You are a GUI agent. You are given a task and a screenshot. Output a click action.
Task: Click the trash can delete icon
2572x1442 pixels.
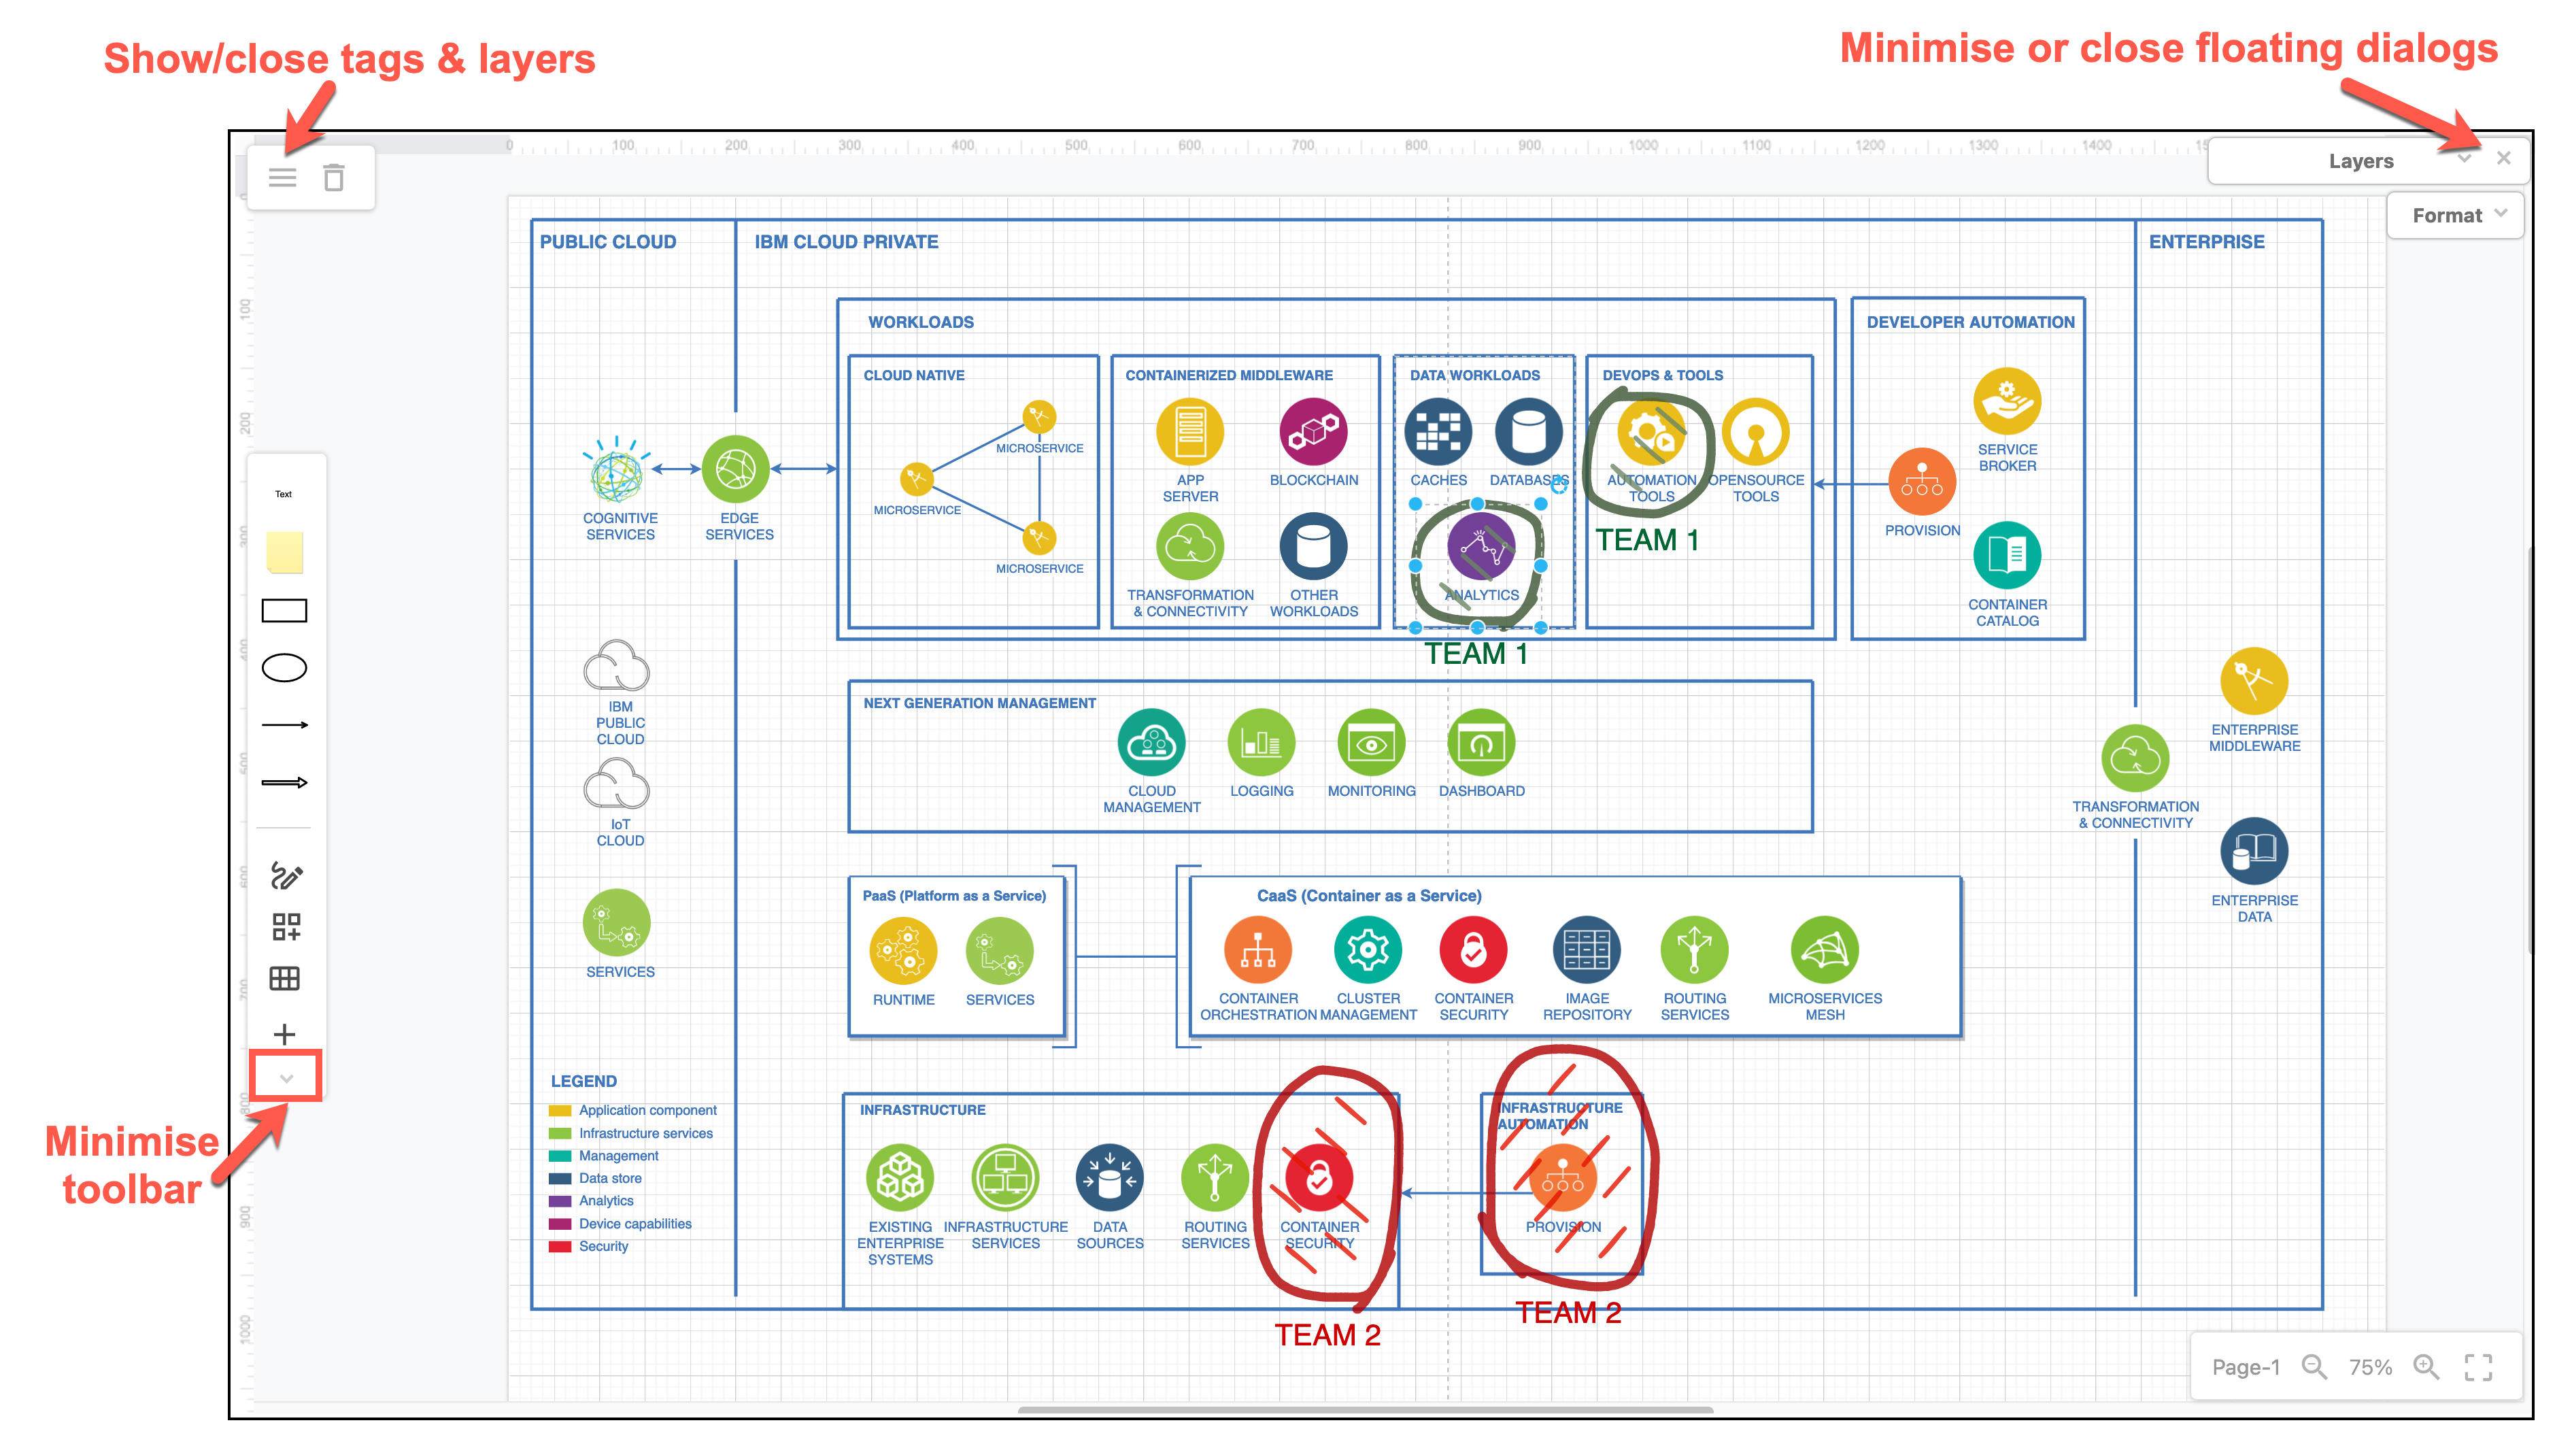333,178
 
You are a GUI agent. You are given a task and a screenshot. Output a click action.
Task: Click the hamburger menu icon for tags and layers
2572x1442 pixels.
282,178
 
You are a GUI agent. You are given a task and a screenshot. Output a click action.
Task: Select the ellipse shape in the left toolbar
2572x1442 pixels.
284,667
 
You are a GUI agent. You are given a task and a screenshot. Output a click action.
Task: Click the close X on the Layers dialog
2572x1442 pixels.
2503,158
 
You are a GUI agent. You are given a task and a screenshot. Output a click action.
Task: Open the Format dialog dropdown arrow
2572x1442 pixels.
2500,214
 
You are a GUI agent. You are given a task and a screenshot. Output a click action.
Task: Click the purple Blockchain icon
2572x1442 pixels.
1313,431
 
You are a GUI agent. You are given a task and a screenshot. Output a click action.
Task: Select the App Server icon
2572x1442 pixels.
1189,431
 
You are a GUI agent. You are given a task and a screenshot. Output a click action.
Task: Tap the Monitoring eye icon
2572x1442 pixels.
1371,743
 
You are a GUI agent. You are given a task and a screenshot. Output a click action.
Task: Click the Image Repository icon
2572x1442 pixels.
1587,950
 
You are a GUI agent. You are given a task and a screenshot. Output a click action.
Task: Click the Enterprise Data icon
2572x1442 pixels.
2254,852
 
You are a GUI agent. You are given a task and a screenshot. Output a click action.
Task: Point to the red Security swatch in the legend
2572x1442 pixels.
560,1246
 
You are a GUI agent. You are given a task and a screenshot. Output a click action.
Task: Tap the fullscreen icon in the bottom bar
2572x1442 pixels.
2478,1366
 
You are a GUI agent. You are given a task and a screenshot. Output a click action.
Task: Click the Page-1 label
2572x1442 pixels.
2246,1366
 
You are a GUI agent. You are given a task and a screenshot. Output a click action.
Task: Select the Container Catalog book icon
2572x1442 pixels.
2007,555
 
